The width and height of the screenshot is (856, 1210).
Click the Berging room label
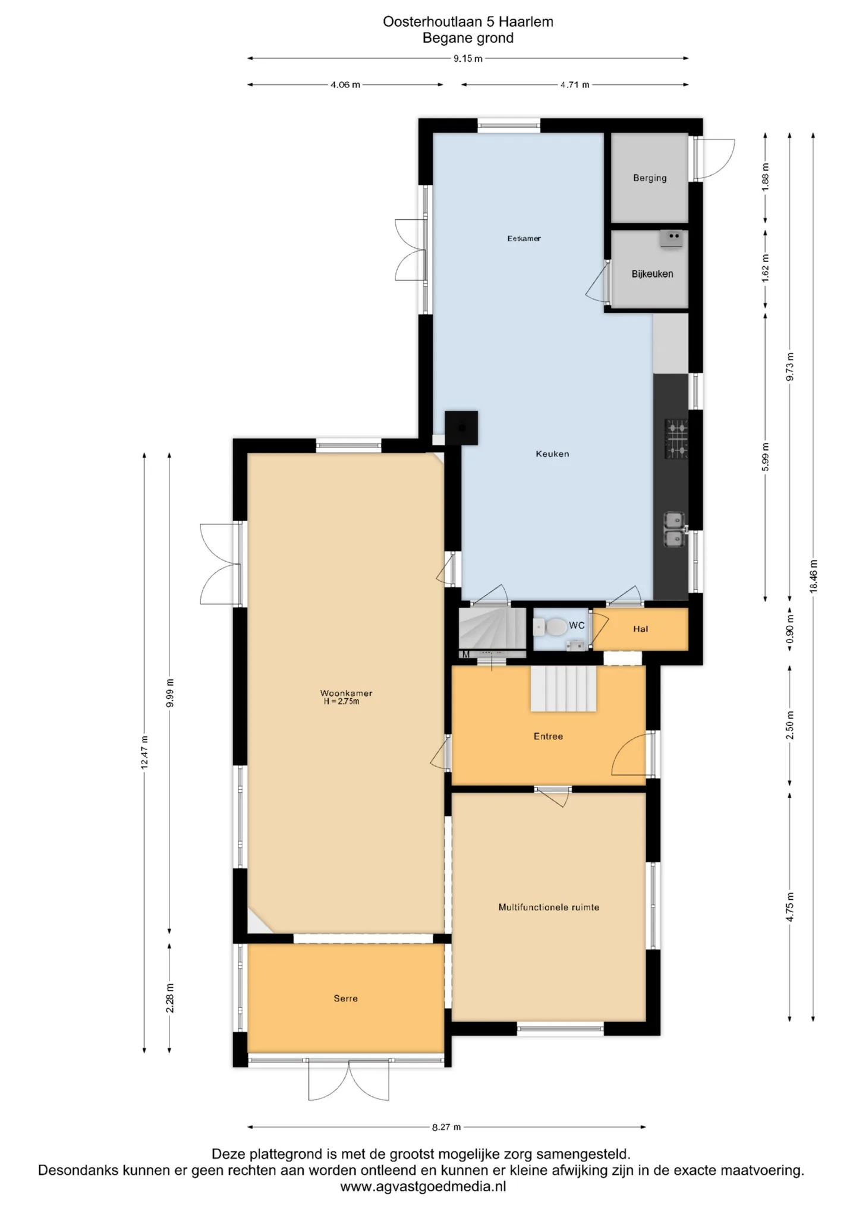tap(649, 178)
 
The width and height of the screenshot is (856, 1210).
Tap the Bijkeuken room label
tap(652, 274)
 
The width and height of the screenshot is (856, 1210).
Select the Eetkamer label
tap(524, 238)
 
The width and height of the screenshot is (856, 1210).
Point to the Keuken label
tap(552, 454)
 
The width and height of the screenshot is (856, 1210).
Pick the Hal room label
tap(640, 629)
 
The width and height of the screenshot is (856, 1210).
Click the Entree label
tap(548, 736)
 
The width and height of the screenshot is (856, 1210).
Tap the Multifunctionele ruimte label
tap(549, 907)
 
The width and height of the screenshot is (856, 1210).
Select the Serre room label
tap(345, 998)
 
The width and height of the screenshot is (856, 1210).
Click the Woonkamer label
tap(346, 693)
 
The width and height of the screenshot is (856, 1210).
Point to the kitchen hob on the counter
tap(676, 439)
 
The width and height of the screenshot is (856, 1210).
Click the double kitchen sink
tap(674, 530)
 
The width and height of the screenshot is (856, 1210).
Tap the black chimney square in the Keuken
tap(461, 427)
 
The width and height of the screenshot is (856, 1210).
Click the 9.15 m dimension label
tap(468, 58)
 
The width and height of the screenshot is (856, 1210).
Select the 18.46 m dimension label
tap(813, 576)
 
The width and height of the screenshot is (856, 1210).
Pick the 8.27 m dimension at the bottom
tap(446, 1127)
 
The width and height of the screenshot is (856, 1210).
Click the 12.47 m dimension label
tap(144, 752)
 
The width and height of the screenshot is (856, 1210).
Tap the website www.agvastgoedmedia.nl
tap(423, 1187)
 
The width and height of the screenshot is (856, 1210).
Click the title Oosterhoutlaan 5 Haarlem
tap(468, 22)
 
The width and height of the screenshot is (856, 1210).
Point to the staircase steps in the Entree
tap(564, 688)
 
